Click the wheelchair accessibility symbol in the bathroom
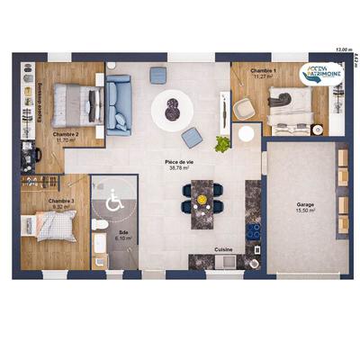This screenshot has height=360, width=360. [x=115, y=202]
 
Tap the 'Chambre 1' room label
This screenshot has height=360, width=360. [x=263, y=69]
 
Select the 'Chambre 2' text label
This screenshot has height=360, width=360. [x=66, y=134]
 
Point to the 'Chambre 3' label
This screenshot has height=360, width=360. [x=61, y=201]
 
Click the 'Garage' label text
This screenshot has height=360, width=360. [x=305, y=204]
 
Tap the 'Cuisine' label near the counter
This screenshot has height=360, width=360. [x=224, y=249]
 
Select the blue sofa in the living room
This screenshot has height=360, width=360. [x=119, y=103]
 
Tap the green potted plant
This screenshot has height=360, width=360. [x=222, y=141]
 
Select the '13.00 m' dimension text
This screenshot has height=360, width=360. [x=341, y=49]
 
